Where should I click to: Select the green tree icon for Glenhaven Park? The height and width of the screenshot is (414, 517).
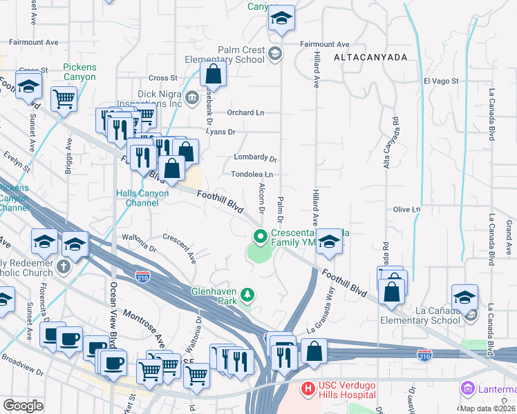[247, 296]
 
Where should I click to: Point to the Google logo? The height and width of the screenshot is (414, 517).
[22, 405]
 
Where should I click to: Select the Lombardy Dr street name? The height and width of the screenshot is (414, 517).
[255, 157]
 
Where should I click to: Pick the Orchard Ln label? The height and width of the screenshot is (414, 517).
[245, 112]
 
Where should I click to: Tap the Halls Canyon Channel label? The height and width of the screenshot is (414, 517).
[143, 198]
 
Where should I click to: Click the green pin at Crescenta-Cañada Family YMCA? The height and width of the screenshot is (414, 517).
[261, 237]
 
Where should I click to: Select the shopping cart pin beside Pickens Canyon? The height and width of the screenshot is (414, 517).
[64, 99]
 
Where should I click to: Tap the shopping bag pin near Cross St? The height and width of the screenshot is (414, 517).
[214, 76]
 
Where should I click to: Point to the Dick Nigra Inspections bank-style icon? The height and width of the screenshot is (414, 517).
[191, 95]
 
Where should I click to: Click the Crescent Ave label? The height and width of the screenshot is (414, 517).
[180, 245]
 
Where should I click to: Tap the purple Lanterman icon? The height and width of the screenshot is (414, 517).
[469, 389]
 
